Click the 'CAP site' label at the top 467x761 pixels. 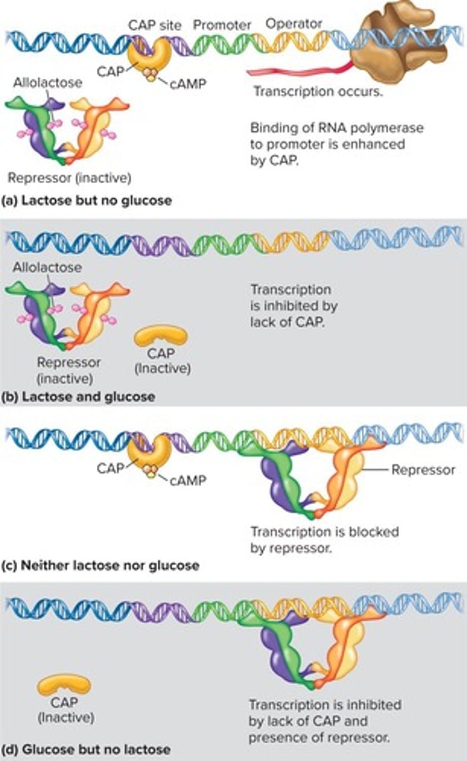pyautogui.click(x=155, y=25)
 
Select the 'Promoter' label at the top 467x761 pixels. pyautogui.click(x=222, y=25)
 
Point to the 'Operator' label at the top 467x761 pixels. pyautogui.click(x=294, y=24)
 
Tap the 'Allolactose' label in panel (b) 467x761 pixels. pyautogui.click(x=48, y=268)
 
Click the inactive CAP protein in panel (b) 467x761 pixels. pyautogui.click(x=161, y=335)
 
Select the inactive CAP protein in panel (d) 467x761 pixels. pyautogui.click(x=64, y=685)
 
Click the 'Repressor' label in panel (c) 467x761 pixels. pyautogui.click(x=423, y=470)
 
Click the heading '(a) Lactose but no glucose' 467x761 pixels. pyautogui.click(x=86, y=202)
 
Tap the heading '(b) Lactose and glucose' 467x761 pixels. pyautogui.click(x=78, y=396)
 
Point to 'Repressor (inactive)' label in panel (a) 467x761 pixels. pyautogui.click(x=70, y=177)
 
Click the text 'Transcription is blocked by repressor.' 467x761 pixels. pyautogui.click(x=324, y=539)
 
